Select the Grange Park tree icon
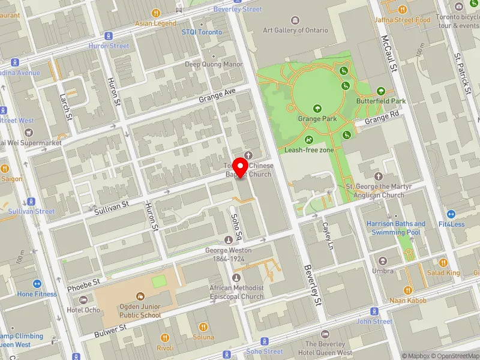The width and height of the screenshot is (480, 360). [317, 109]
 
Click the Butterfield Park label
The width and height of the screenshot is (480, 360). [380, 101]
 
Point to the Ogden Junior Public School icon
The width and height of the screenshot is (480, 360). [140, 296]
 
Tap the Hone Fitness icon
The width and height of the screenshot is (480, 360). [37, 284]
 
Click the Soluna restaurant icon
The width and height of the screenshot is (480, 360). [203, 327]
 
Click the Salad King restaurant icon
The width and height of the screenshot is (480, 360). [443, 262]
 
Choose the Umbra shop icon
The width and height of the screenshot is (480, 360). [383, 261]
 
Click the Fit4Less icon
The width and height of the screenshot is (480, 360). [451, 214]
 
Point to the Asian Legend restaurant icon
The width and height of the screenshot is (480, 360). [156, 13]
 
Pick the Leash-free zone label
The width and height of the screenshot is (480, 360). [309, 151]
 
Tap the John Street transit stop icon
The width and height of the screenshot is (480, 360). [374, 311]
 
